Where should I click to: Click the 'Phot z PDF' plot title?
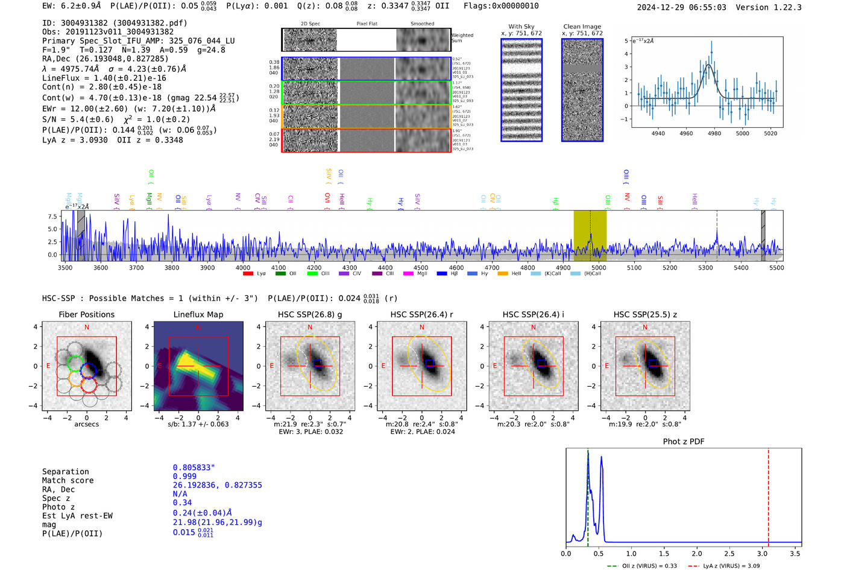click(x=683, y=442)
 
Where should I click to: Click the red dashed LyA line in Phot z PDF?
click(x=768, y=495)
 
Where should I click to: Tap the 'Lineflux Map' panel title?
click(x=198, y=314)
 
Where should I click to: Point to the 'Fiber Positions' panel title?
click(x=86, y=314)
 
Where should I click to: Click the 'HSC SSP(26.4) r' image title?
click(x=421, y=314)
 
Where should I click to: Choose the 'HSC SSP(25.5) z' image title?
click(x=644, y=314)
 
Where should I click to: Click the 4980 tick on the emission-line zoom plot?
click(x=714, y=133)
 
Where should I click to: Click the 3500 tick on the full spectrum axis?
click(x=65, y=267)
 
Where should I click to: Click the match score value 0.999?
click(x=184, y=476)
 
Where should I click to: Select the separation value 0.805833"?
click(x=194, y=468)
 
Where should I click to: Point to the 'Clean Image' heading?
click(x=582, y=27)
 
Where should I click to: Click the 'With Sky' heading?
click(x=521, y=27)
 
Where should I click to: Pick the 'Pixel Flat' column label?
click(x=367, y=24)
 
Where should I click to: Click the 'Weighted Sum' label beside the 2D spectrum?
click(x=462, y=37)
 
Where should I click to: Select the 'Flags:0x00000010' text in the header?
click(x=501, y=6)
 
